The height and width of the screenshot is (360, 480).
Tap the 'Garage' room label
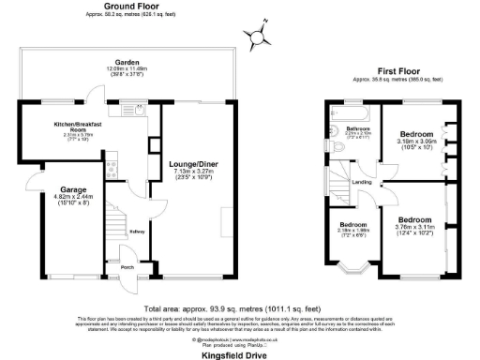[73, 190]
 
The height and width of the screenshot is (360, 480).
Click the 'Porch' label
[126, 267]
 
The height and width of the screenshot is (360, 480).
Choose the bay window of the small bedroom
[351, 270]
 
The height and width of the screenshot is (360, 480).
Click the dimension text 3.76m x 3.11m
[416, 225]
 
